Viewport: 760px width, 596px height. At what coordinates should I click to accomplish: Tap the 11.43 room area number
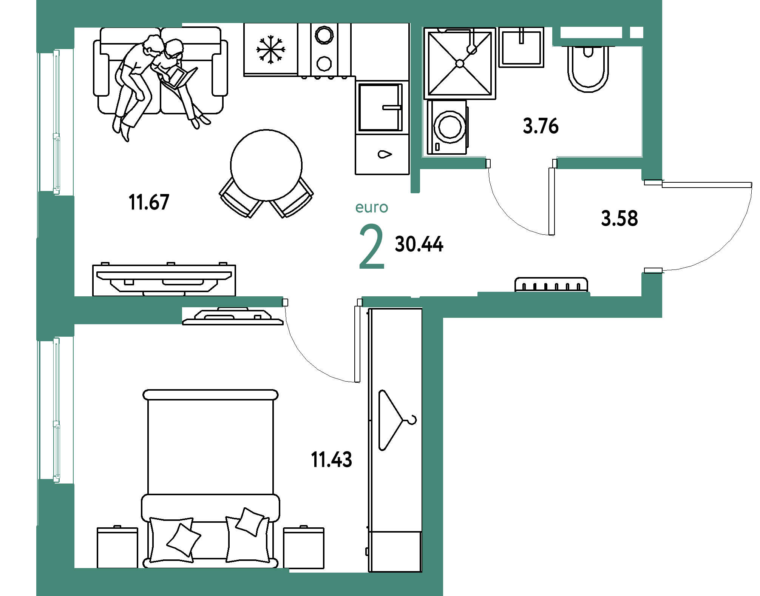[331, 460]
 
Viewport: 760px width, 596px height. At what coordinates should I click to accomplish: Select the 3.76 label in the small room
[541, 126]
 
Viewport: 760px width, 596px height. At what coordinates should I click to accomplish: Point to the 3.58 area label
[619, 219]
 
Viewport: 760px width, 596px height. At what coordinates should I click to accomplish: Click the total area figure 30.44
[419, 244]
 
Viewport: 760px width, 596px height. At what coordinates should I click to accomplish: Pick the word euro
[372, 208]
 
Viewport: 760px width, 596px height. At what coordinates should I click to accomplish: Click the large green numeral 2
[371, 247]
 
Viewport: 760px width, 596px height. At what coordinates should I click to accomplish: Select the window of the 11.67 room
[56, 122]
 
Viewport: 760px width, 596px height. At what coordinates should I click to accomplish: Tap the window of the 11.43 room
[56, 410]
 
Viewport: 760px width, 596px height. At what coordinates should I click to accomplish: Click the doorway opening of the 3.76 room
[521, 163]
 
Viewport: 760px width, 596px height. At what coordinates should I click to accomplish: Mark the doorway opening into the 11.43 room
[323, 302]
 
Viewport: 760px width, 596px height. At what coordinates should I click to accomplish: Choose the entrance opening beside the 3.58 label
[653, 226]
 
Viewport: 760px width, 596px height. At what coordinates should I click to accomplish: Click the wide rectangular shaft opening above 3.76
[591, 33]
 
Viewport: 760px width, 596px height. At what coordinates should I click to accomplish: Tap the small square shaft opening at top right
[636, 33]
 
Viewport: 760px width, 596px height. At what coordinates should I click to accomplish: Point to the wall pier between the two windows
[56, 264]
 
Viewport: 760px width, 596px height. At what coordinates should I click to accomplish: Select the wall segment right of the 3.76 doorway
[600, 163]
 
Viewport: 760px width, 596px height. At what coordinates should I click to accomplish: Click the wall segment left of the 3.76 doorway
[453, 163]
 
